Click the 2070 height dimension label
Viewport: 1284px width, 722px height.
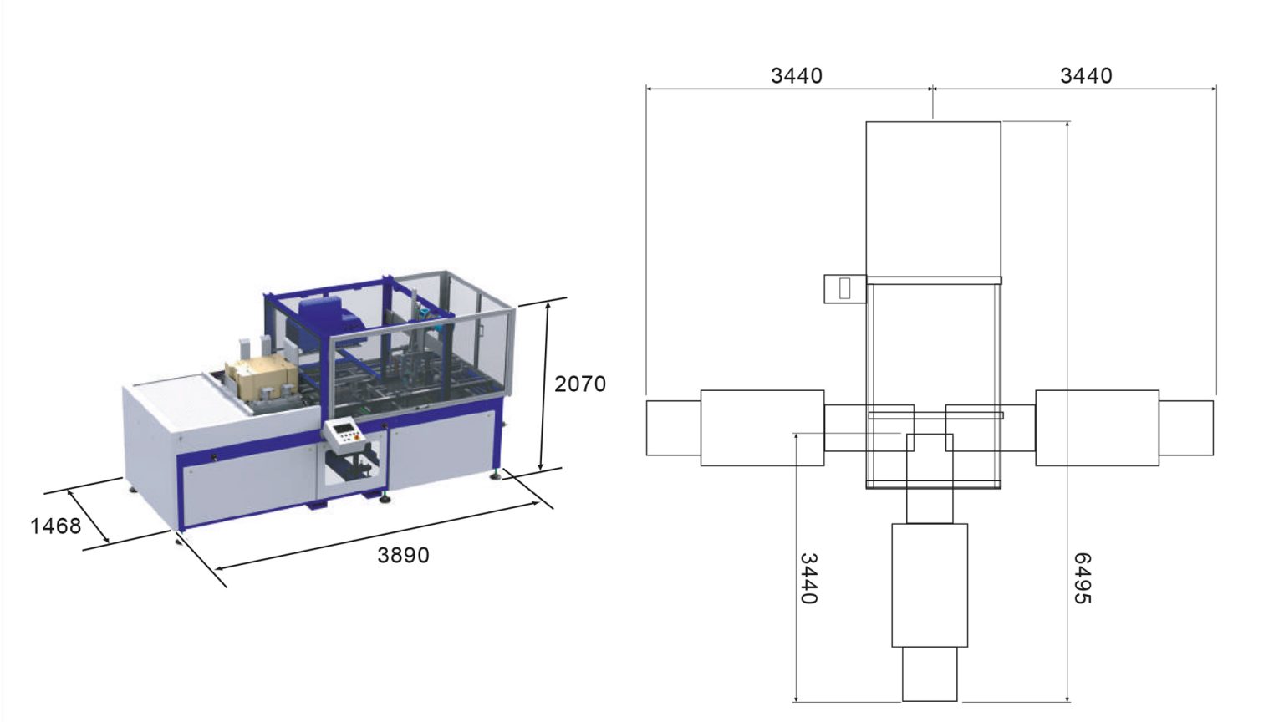579,384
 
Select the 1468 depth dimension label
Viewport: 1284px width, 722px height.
56,526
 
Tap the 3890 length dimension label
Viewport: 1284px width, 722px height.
403,555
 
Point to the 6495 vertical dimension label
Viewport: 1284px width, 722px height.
1082,578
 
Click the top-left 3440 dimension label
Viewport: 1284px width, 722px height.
796,76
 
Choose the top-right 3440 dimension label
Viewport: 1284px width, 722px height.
1086,76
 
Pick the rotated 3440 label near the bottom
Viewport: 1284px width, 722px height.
808,578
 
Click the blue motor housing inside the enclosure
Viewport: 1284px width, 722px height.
328,321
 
